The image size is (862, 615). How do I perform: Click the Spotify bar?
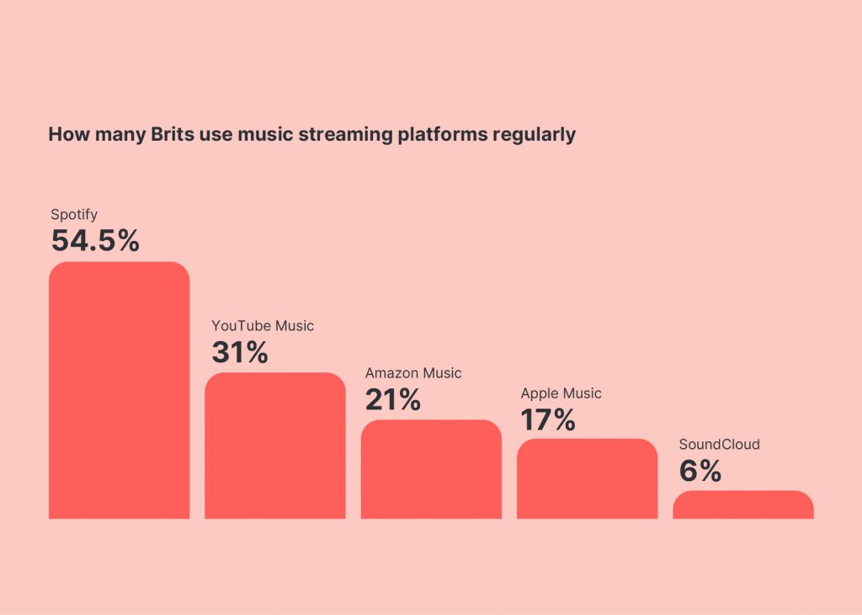pyautogui.click(x=119, y=390)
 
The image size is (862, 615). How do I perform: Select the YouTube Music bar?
pyautogui.click(x=274, y=446)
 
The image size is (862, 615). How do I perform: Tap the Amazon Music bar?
pyautogui.click(x=431, y=469)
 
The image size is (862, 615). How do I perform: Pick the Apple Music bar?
pyautogui.click(x=587, y=479)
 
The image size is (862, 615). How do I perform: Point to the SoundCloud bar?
pyautogui.click(x=742, y=505)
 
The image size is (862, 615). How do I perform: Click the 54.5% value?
pyautogui.click(x=94, y=241)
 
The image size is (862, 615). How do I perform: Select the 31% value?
pyautogui.click(x=239, y=352)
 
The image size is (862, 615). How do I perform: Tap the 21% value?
pyautogui.click(x=392, y=399)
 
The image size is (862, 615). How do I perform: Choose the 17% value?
pyautogui.click(x=547, y=420)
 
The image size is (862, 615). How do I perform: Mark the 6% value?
pyautogui.click(x=700, y=471)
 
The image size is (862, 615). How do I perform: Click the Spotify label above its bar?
pyautogui.click(x=74, y=215)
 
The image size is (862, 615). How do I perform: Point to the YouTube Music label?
pyautogui.click(x=262, y=326)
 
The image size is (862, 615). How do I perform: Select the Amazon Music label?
pyautogui.click(x=412, y=373)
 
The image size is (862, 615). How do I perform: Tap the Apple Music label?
pyautogui.click(x=561, y=393)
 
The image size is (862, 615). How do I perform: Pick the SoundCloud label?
pyautogui.click(x=719, y=444)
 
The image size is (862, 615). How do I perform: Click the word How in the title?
pyautogui.click(x=64, y=135)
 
